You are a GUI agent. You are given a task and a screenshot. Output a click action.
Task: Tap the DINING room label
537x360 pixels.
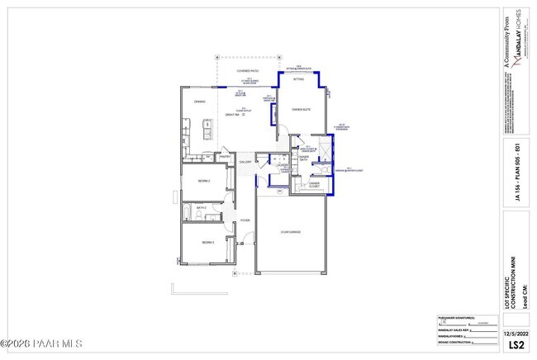click(199, 102)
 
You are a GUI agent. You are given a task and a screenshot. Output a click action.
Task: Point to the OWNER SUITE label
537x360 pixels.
click(300, 109)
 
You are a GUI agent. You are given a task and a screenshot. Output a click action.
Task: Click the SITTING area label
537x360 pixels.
click(299, 79)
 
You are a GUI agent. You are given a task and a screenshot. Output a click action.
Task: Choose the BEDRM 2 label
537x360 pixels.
click(203, 180)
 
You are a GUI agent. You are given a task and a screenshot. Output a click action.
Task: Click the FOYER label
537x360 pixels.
click(245, 220)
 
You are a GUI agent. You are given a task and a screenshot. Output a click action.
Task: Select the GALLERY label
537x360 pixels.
click(245, 162)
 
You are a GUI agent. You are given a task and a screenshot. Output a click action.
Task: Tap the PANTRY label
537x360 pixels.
click(224, 158)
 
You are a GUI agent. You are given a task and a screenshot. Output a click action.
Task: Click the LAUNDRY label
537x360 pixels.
click(282, 165)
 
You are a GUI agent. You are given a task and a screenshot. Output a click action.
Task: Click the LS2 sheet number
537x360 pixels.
click(516, 343)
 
